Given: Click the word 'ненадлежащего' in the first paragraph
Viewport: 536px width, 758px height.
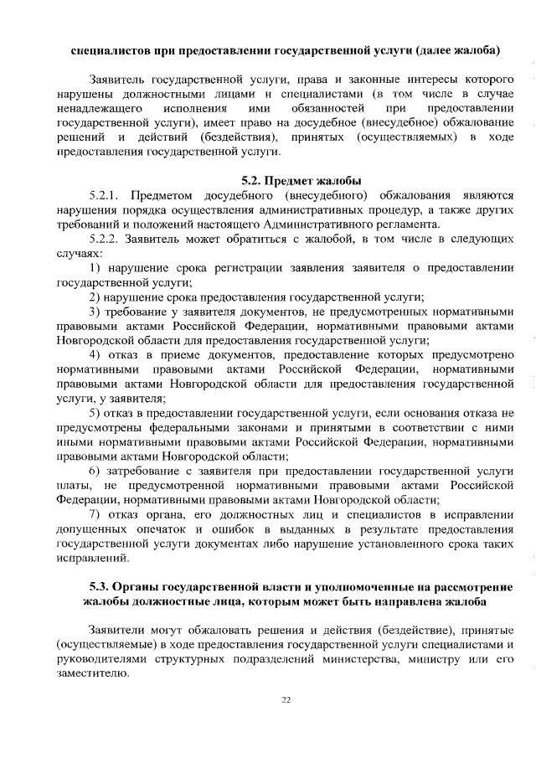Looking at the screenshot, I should pyautogui.click(x=96, y=108).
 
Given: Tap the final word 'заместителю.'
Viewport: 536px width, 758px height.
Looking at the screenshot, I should pyautogui.click(x=93, y=675).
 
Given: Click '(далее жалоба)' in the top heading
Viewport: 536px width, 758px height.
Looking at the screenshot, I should pyautogui.click(x=457, y=51).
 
